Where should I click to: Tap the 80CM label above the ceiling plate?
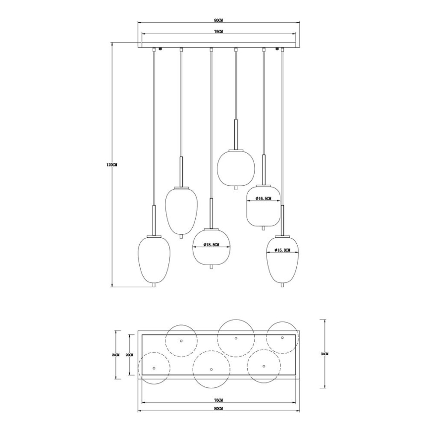pyautogui.click(x=218, y=20)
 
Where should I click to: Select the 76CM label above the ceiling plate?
pyautogui.click(x=218, y=31)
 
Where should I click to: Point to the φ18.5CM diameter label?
pyautogui.click(x=212, y=245)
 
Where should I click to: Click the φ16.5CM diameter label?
pyautogui.click(x=263, y=198)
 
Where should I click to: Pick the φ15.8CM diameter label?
pyautogui.click(x=281, y=250)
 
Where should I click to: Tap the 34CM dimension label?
pyautogui.click(x=324, y=354)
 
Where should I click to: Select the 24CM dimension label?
pyautogui.click(x=115, y=355)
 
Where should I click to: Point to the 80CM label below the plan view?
pyautogui.click(x=218, y=408)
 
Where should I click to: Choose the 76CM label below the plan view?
pyautogui.click(x=218, y=400)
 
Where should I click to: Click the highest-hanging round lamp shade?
pyautogui.click(x=236, y=167)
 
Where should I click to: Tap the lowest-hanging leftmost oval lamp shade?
pyautogui.click(x=154, y=260)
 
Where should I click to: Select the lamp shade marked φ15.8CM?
pyautogui.click(x=281, y=263)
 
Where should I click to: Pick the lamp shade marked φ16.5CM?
pyautogui.click(x=264, y=206)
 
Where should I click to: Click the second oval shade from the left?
pyautogui.click(x=181, y=211)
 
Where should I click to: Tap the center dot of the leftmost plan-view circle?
pyautogui.click(x=154, y=368)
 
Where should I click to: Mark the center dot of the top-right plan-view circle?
pyautogui.click(x=282, y=337)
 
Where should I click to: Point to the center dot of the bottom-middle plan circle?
pyautogui.click(x=211, y=369)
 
